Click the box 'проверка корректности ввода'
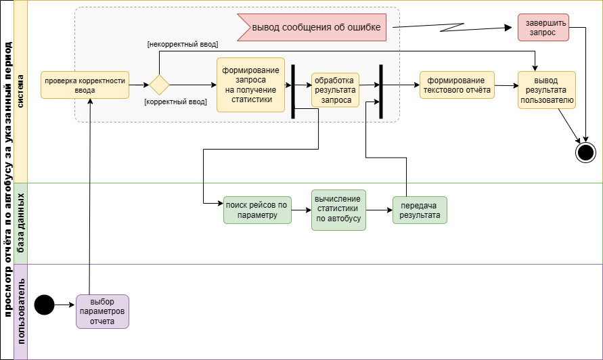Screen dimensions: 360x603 pos(85,85)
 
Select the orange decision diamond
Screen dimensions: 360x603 pos(159,85)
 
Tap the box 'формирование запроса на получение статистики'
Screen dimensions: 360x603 pos(250,85)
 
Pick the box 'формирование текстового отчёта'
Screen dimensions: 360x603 pos(457,85)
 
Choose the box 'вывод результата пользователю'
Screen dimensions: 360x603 pos(547,90)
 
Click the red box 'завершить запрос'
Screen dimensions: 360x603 pos(543,27)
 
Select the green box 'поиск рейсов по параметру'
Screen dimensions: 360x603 pos(257,210)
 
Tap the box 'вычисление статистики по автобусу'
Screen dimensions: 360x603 pos(338,210)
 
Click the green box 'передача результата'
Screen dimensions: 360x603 pos(420,210)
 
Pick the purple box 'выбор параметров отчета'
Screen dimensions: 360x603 pos(102,311)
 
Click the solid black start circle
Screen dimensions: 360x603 pos(44,305)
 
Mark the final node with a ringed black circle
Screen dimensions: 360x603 pos(585,152)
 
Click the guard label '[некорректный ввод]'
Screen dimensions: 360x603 pos(183,44)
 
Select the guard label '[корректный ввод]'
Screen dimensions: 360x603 pos(176,102)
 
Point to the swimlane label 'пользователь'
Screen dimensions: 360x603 pos(20,311)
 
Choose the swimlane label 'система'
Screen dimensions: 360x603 pos(20,91)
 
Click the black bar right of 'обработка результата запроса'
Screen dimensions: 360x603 pos(381,91)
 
